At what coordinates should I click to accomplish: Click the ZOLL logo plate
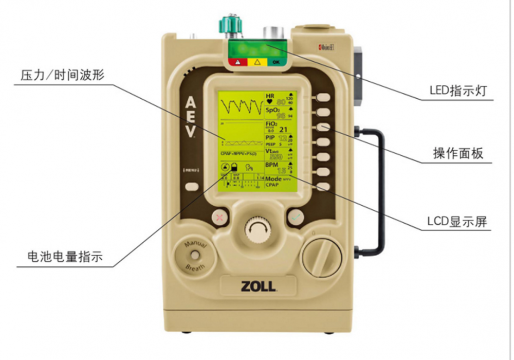258,286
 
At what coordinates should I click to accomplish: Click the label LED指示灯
456,91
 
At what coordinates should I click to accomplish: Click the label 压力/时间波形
62,75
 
